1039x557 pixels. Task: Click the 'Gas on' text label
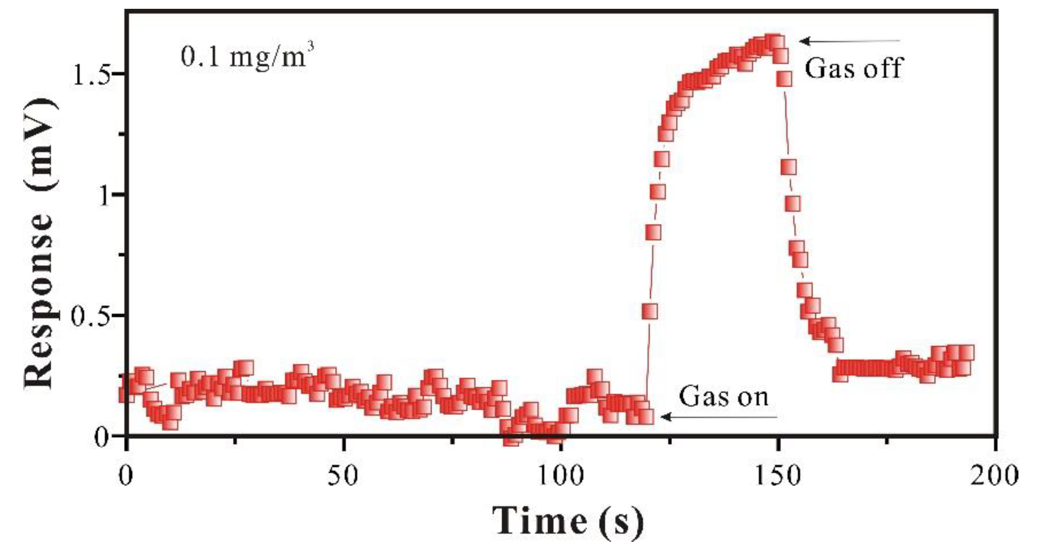(723, 397)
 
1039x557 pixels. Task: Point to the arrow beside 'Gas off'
(849, 41)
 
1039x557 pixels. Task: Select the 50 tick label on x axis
(343, 476)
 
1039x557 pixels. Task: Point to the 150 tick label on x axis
(779, 476)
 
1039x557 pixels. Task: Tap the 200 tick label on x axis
(994, 476)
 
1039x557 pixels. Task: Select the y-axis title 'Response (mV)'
(40, 244)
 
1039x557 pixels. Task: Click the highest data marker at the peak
(775, 42)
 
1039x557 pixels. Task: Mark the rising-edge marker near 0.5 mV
(649, 311)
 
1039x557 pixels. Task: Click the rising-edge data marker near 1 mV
(658, 192)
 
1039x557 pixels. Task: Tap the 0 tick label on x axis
(126, 476)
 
